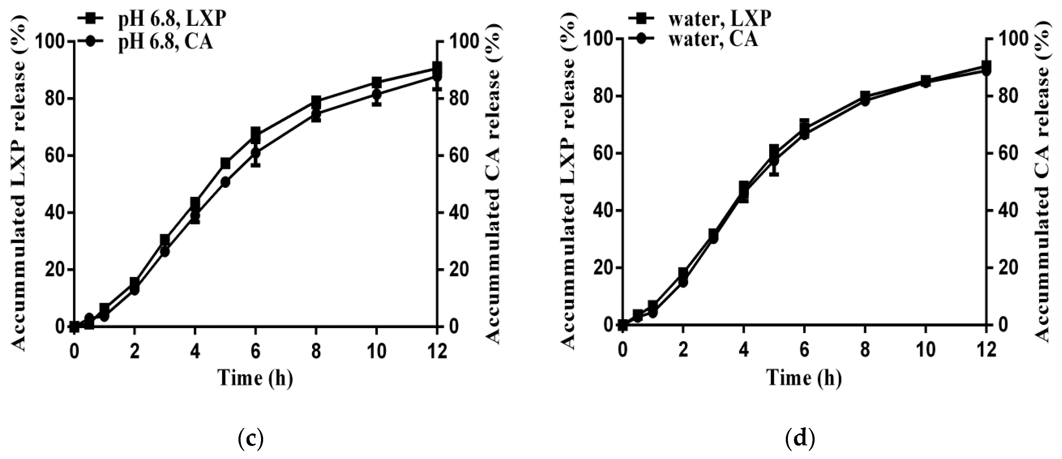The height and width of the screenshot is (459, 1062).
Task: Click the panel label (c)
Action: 251,439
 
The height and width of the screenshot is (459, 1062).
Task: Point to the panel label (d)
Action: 800,439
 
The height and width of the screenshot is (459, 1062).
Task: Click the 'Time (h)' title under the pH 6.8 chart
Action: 255,377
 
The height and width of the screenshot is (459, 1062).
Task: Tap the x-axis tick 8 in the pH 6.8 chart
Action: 316,352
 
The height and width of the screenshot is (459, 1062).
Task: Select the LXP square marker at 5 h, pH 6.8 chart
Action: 225,163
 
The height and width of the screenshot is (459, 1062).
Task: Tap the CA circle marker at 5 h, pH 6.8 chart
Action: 225,182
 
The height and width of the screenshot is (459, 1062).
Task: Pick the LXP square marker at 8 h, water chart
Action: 865,96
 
